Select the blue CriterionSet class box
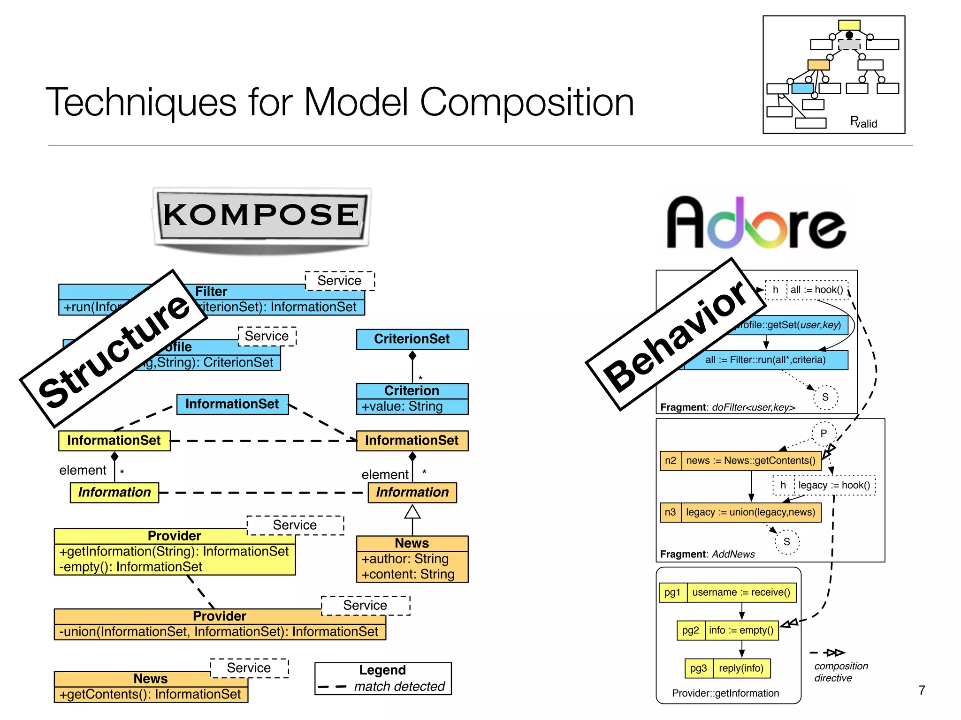pyautogui.click(x=412, y=339)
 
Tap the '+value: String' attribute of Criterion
pyautogui.click(x=402, y=406)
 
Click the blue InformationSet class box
pyautogui.click(x=232, y=404)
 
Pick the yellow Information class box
pyautogui.click(x=114, y=492)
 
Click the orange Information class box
pyautogui.click(x=412, y=492)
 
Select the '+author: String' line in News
pyautogui.click(x=405, y=559)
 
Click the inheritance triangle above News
pyautogui.click(x=412, y=512)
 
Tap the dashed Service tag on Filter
pyautogui.click(x=340, y=281)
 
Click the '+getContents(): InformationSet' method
pyautogui.click(x=150, y=694)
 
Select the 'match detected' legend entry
pyautogui.click(x=399, y=687)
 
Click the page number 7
pyautogui.click(x=922, y=690)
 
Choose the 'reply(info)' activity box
pyautogui.click(x=741, y=668)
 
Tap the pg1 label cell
pyautogui.click(x=672, y=592)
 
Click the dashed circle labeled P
pyautogui.click(x=824, y=433)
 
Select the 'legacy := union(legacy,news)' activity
pyautogui.click(x=750, y=512)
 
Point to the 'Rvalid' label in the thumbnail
pyautogui.click(x=863, y=123)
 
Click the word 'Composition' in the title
pyautogui.click(x=526, y=102)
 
